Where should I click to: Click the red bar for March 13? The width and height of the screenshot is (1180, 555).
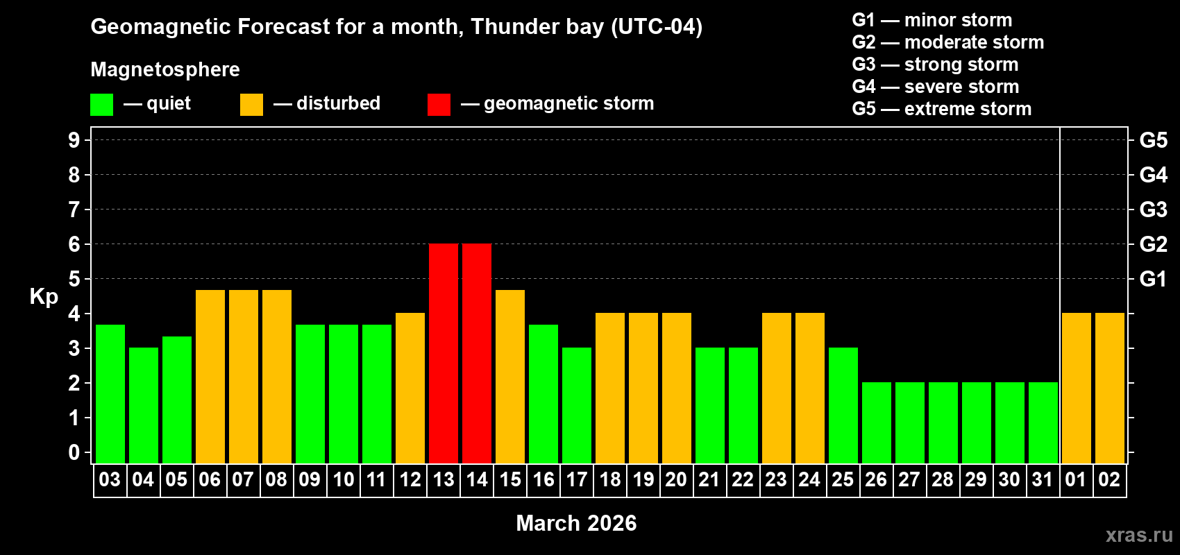coord(444,353)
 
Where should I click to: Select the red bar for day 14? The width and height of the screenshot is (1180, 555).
coord(477,353)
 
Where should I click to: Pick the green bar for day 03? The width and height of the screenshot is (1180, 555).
coord(110,393)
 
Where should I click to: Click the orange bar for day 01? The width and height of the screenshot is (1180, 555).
coord(1076,388)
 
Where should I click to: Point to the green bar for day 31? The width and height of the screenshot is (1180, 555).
coord(1043,422)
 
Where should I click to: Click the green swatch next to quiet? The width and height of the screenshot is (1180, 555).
coord(102,105)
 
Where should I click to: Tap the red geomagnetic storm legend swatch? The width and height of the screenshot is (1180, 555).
coord(439,105)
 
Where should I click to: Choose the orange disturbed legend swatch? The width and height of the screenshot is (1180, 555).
coord(251,105)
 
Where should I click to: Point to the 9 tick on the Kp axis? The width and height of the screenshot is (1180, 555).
coord(74,140)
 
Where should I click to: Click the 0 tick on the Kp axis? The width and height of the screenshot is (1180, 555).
coord(74,452)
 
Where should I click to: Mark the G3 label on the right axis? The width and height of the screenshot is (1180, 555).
coord(1153,210)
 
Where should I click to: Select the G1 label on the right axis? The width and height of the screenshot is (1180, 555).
coord(1153,279)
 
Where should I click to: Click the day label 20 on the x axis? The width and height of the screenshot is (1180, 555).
coord(676,479)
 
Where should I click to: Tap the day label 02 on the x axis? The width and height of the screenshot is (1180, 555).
coord(1109,479)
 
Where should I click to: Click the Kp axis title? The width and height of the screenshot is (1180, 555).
coord(44,296)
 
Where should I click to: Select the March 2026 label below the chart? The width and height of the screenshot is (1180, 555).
coord(576,523)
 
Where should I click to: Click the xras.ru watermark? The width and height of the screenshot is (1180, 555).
coord(1139,535)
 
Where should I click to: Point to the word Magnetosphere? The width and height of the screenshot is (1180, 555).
coord(165,69)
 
